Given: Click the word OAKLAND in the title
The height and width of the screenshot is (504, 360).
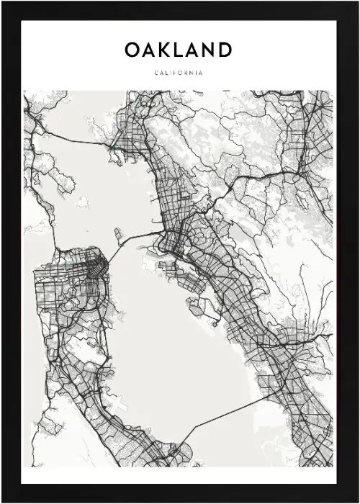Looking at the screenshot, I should [x=179, y=50].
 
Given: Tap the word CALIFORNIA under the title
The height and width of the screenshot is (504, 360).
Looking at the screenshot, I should [x=179, y=73].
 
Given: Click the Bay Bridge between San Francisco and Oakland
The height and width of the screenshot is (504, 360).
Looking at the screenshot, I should [x=137, y=240].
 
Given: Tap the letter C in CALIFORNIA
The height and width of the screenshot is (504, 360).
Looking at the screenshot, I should [x=156, y=73].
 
